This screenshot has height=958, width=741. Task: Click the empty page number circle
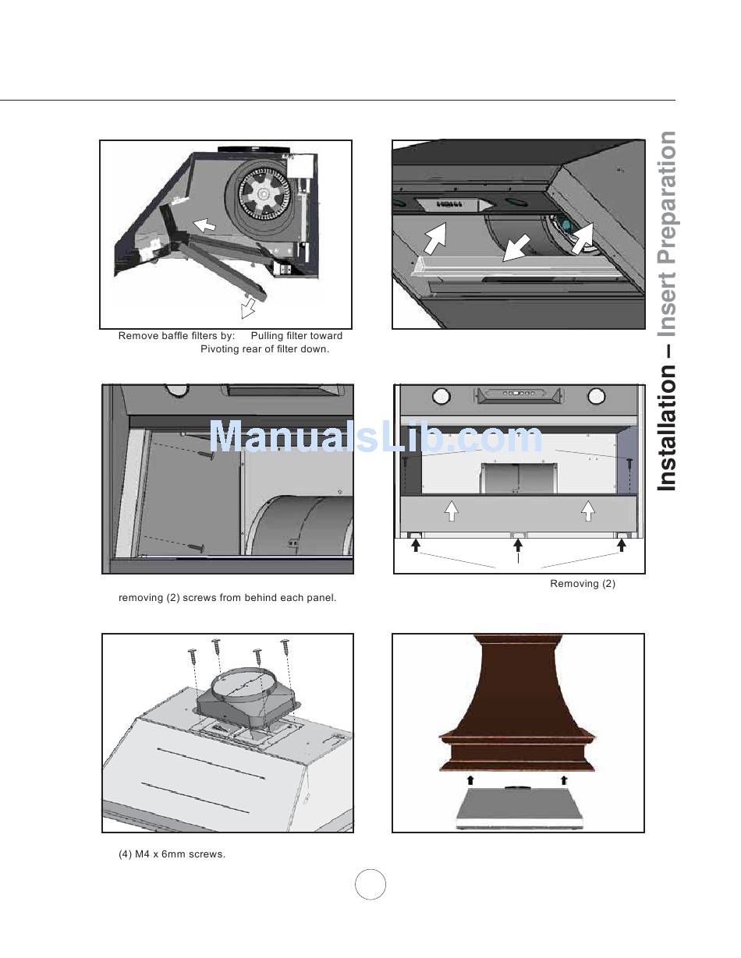coord(370,885)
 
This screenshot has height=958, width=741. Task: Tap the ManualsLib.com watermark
coord(375,437)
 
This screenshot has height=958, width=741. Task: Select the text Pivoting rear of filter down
coord(264,349)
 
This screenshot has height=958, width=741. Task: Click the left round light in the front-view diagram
coord(441,396)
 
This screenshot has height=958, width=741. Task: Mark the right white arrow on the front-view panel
coord(588,511)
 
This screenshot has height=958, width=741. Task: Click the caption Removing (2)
coord(582,584)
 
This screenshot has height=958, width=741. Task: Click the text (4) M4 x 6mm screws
coord(172,854)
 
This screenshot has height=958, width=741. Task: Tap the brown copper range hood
coord(517,702)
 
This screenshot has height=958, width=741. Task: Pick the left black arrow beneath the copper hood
coord(470,779)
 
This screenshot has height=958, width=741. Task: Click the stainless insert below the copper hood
coord(519,808)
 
